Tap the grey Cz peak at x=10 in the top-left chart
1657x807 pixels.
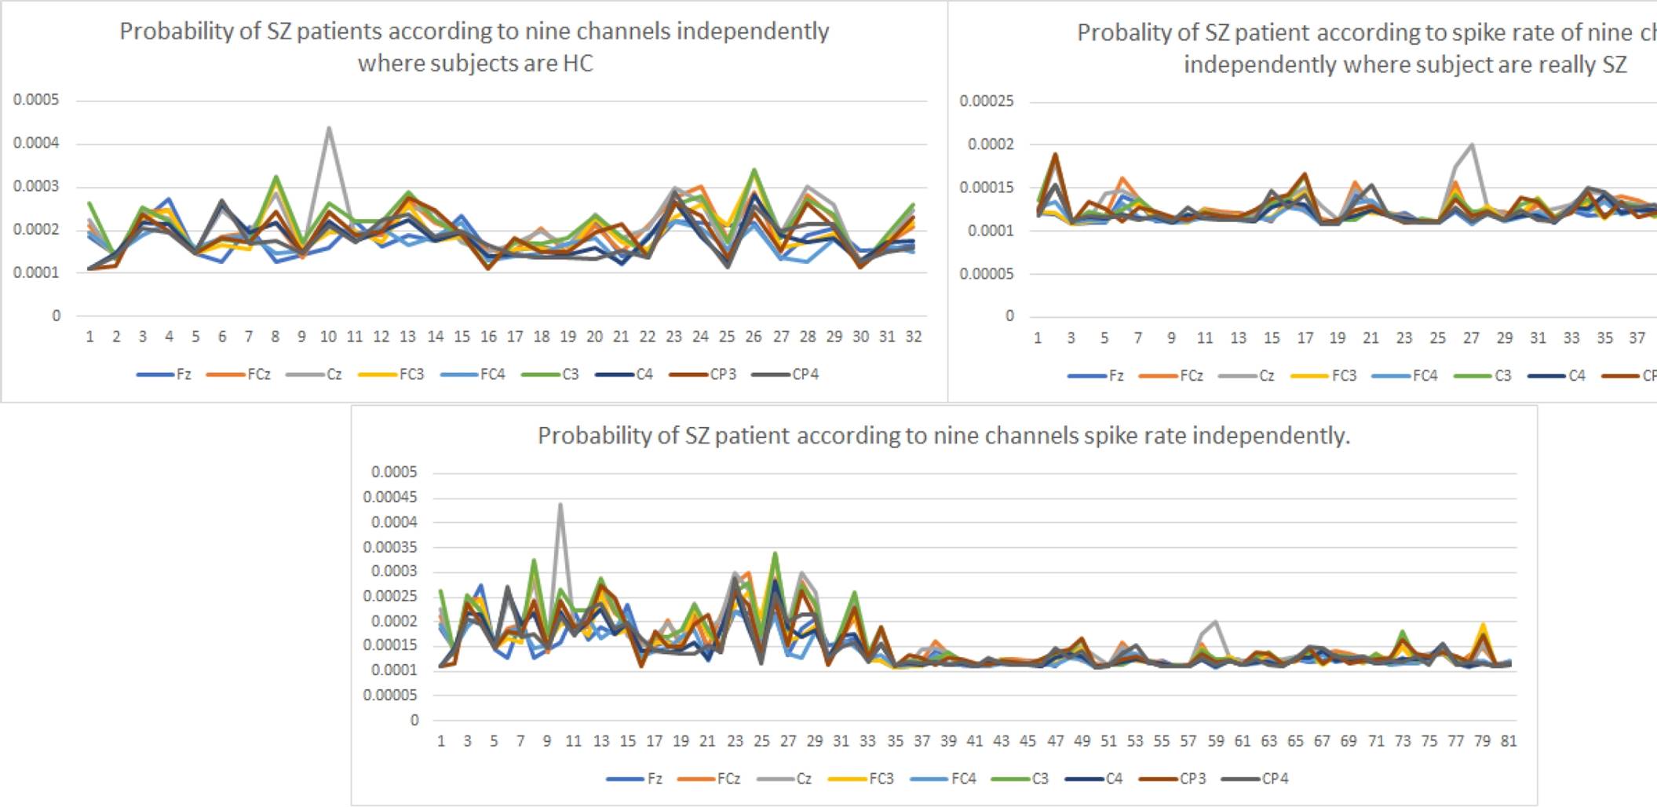329,128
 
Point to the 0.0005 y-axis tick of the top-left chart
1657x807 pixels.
36,100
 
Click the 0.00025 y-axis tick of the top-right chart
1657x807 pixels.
987,101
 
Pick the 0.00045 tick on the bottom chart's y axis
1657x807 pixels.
389,497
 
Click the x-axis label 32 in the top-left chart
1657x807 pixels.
914,337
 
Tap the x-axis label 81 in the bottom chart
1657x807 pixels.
1509,741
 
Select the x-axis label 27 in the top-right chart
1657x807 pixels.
1471,338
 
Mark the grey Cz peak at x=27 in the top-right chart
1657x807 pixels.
1472,144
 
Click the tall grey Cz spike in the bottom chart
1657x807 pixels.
560,505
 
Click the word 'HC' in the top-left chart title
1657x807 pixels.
578,63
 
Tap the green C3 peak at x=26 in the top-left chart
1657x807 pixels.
754,170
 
